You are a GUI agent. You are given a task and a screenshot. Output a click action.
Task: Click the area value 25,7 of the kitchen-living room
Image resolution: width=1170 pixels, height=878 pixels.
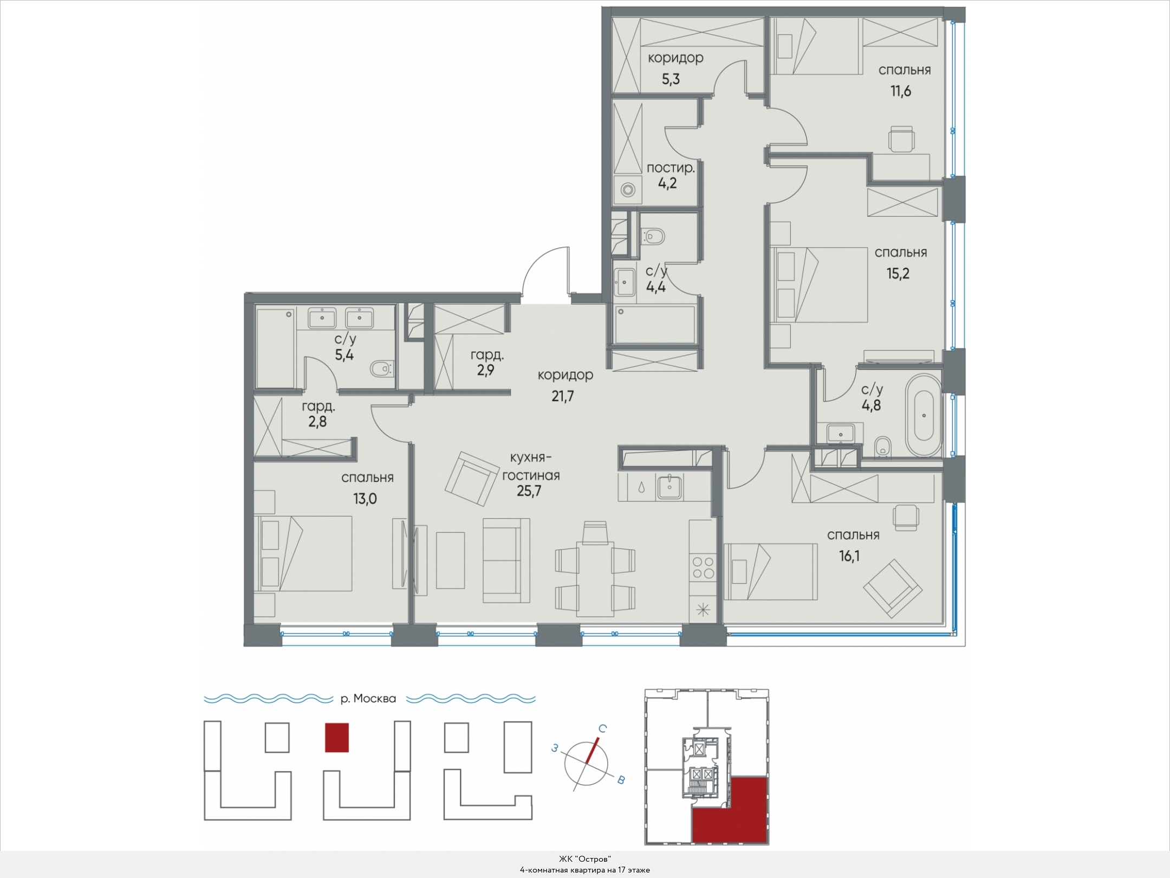[529, 491]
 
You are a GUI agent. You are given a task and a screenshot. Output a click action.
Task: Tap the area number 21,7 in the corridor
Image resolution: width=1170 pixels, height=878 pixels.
[563, 396]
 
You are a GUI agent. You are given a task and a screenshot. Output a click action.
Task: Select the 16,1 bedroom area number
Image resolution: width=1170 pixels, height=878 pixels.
[849, 556]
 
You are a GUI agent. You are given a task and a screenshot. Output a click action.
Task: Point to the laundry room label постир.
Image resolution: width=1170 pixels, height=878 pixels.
[671, 168]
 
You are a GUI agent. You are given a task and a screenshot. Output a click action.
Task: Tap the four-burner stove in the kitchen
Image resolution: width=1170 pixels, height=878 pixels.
[703, 568]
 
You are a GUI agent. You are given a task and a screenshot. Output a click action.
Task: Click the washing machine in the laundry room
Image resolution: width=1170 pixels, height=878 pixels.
[628, 190]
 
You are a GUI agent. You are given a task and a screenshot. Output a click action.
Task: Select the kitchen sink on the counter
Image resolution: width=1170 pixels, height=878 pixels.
[670, 487]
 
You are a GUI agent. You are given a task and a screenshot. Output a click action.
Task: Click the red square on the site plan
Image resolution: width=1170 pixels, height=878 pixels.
[337, 737]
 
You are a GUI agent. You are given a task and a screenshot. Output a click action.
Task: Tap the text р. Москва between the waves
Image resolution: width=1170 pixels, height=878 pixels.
[368, 699]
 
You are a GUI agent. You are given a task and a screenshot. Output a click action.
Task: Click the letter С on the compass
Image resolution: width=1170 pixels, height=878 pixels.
[602, 728]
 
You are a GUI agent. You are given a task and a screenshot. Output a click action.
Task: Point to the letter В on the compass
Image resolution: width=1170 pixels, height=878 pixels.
[621, 780]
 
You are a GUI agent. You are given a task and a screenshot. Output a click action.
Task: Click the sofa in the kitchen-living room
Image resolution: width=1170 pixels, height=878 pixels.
[506, 560]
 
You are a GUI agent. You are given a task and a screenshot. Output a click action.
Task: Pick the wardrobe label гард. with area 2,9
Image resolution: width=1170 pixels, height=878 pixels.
[487, 356]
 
